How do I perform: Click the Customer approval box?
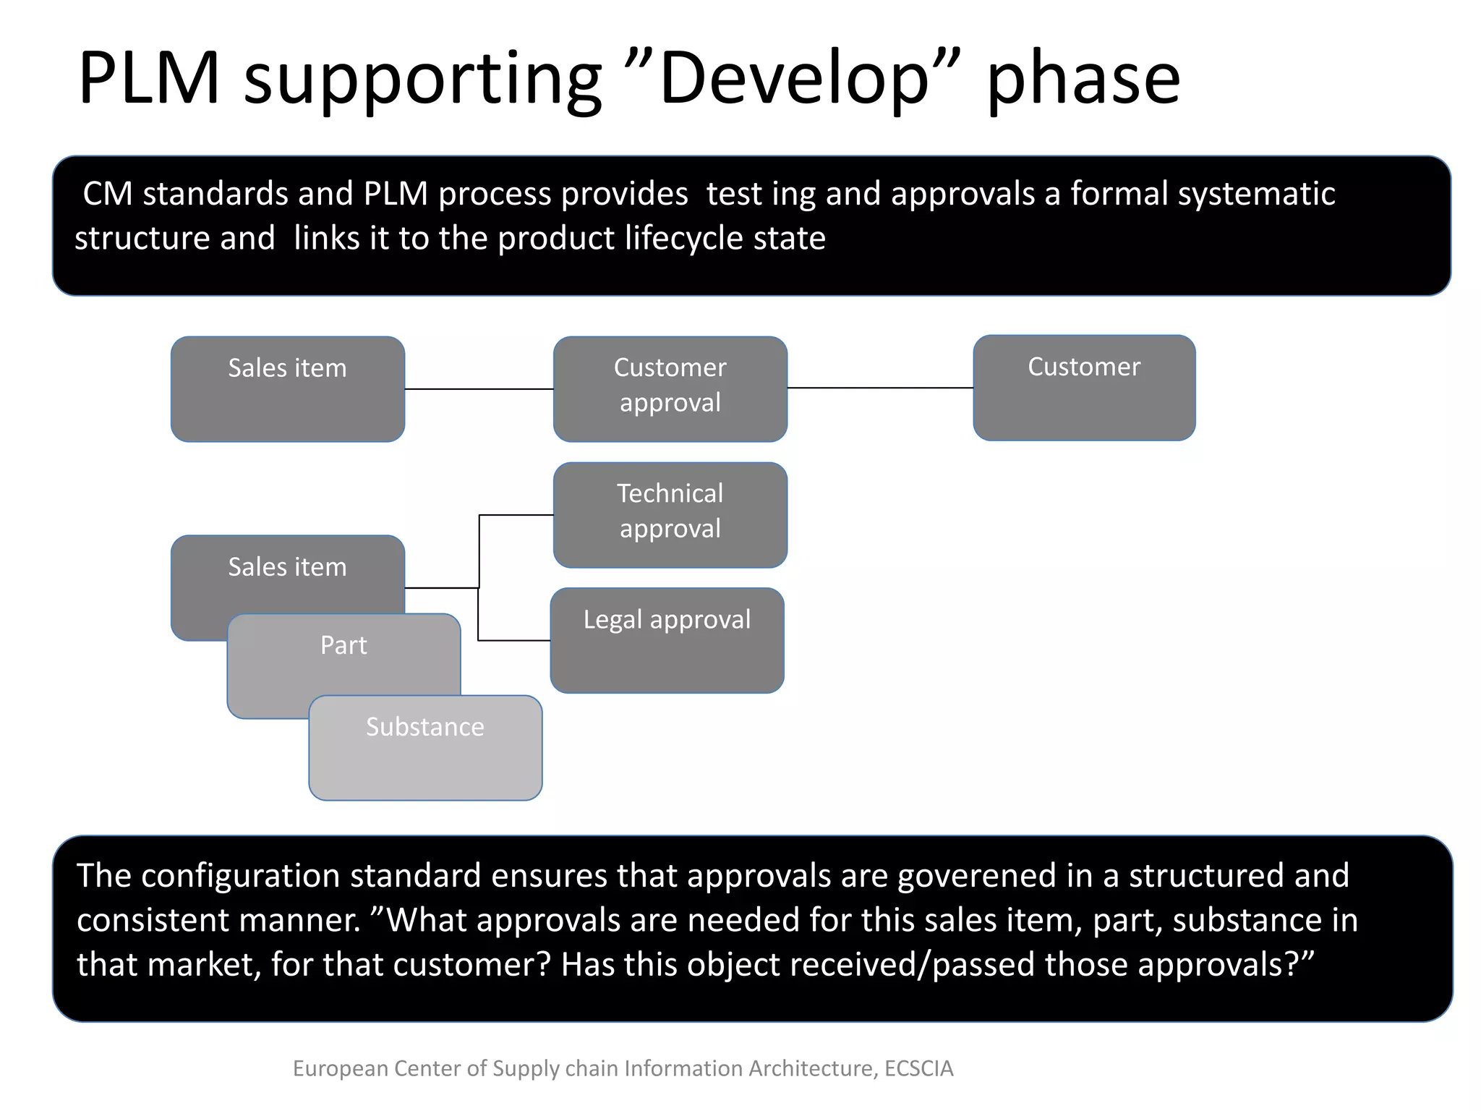[670, 388]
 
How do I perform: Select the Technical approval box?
[670, 514]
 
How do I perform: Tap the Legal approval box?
[667, 640]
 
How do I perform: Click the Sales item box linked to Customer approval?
[287, 388]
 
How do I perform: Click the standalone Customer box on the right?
[1083, 388]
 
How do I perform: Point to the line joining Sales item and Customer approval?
[479, 389]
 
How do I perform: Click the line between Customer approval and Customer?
[879, 388]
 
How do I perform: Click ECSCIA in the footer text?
[918, 1068]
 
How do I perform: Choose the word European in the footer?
[340, 1068]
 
